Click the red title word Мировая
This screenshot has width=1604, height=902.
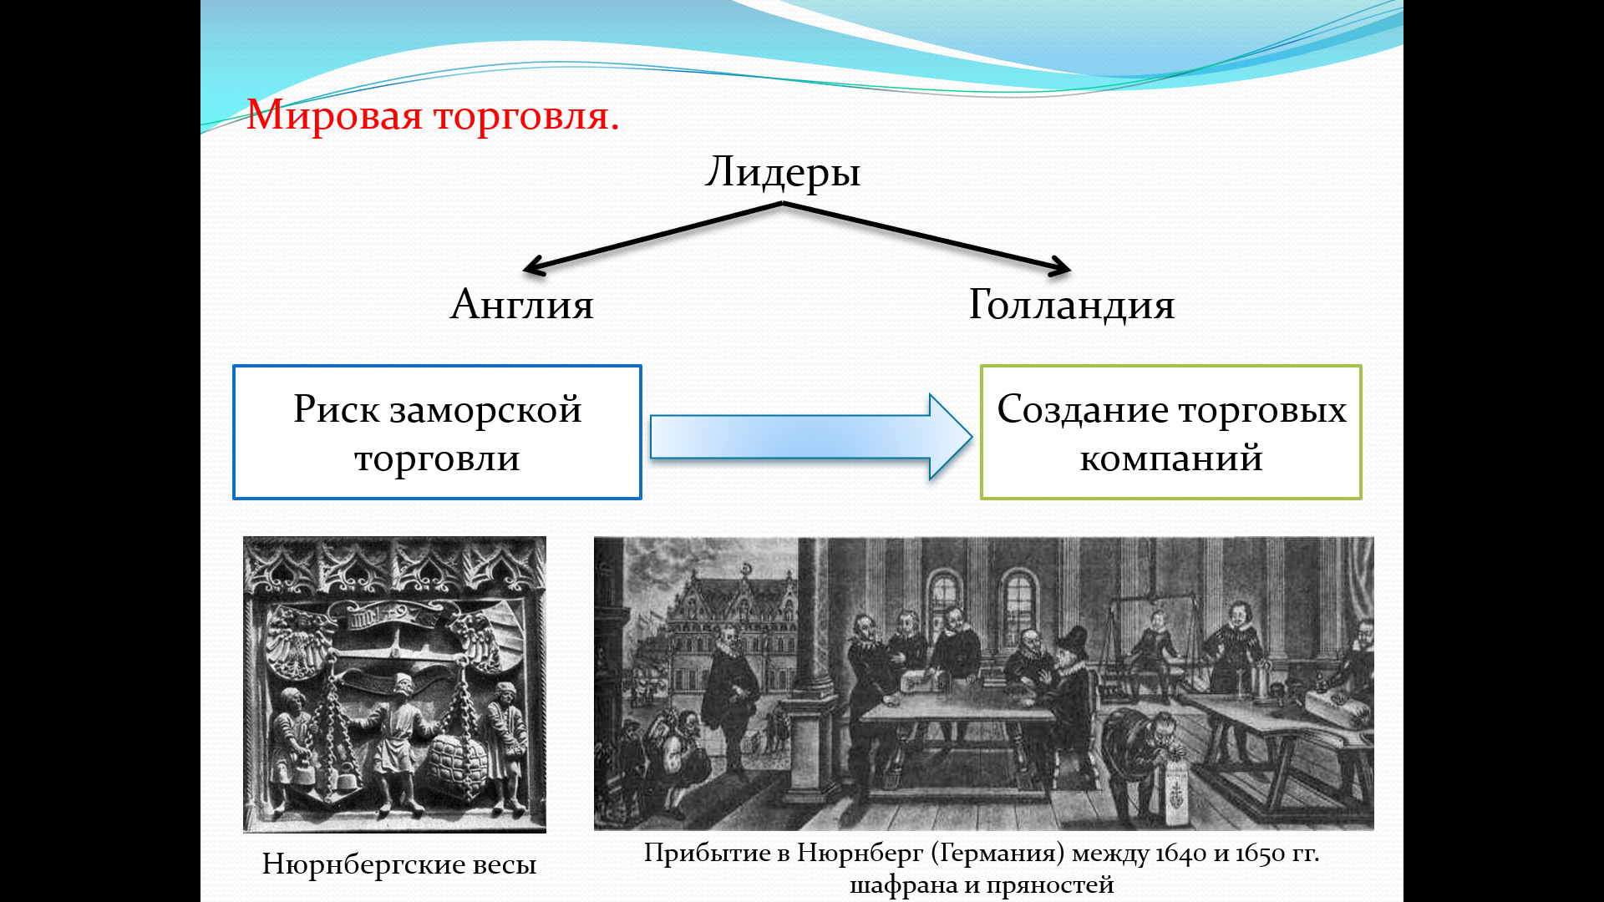pos(334,115)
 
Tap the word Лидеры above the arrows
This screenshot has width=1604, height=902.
pos(783,172)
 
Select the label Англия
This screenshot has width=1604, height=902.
pos(522,304)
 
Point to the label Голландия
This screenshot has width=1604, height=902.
pos(1072,304)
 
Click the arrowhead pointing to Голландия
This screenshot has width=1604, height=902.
pos(1062,267)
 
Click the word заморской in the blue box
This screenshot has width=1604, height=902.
pos(485,410)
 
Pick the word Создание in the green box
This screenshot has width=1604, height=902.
pos(1082,410)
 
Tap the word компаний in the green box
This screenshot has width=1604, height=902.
pos(1170,459)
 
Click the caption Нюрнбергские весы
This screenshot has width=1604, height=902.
pos(398,864)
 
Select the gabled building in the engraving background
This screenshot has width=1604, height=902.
pos(735,618)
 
